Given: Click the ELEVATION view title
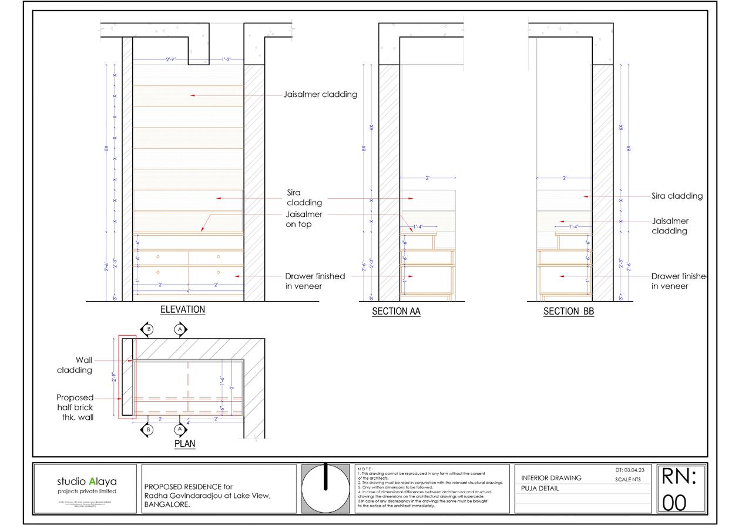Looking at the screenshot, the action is (x=183, y=309).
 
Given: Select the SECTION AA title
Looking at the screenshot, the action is (x=396, y=312).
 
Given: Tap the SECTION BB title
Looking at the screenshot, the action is (x=568, y=312).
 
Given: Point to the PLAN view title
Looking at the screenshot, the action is (x=184, y=444).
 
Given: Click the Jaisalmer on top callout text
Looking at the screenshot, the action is (x=303, y=219).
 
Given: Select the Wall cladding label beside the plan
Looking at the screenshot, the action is (x=75, y=365).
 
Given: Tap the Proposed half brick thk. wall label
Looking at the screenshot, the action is (x=75, y=407).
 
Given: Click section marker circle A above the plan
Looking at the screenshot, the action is (x=180, y=330).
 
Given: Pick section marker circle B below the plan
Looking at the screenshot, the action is (x=147, y=430).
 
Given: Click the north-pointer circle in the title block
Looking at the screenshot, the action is (x=324, y=488).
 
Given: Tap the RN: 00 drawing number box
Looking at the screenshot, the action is (x=679, y=489).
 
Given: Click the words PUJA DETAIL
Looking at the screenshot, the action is (x=540, y=489).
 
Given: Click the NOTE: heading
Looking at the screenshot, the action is (x=365, y=469).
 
